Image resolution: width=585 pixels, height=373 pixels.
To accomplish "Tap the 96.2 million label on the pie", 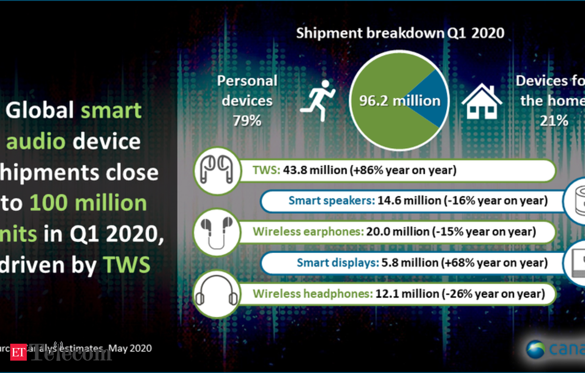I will (x=399, y=101).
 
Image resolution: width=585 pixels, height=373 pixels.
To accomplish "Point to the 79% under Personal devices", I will (x=247, y=120).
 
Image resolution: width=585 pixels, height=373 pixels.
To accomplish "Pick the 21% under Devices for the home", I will (x=553, y=120).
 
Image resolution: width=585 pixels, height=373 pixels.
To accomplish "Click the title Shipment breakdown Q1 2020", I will (x=400, y=33).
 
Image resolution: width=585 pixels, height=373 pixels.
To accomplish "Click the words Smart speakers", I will (x=331, y=201).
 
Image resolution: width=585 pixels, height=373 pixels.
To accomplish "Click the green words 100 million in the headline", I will (x=88, y=203).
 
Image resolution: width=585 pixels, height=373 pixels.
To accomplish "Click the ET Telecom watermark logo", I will (x=69, y=352).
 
